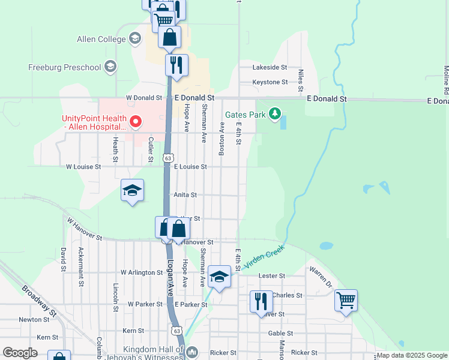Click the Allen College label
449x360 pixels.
pos(101,40)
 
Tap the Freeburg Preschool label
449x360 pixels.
pos(65,67)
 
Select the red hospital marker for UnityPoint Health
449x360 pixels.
pos(136,122)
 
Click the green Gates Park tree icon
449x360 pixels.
pos(275,113)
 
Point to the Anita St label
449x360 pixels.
pos(185,195)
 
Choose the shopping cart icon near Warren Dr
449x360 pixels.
pos(346,300)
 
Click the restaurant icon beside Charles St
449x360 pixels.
pos(261,301)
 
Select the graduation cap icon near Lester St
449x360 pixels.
pos(220,277)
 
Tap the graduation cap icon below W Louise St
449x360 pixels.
pos(132,191)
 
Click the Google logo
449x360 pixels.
pos(20,353)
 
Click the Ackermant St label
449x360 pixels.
pos(80,259)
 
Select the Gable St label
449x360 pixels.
pos(280,333)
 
